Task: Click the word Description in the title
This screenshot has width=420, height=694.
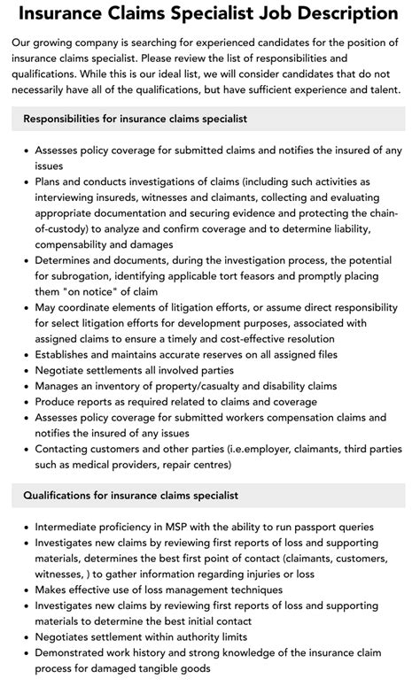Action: (338, 14)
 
